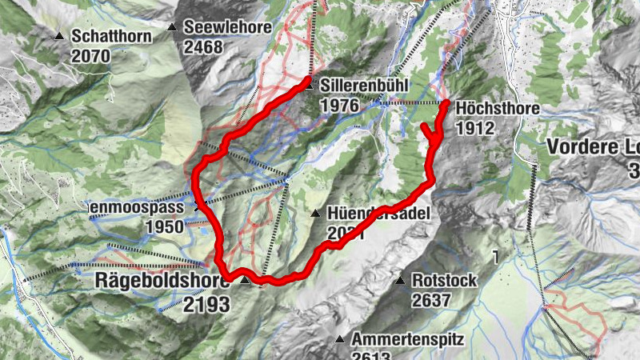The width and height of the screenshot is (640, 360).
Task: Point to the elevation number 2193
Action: pos(206,304)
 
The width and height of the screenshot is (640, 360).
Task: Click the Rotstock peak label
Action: pos(445,281)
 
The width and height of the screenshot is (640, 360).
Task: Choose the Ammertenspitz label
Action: pos(408,339)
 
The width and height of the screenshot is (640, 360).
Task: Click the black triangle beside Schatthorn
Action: pos(59,36)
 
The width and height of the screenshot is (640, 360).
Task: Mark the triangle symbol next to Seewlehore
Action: pos(172,28)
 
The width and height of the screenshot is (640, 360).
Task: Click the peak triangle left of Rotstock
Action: pos(399,280)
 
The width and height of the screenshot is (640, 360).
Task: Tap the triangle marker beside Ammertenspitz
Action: pos(339,338)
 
